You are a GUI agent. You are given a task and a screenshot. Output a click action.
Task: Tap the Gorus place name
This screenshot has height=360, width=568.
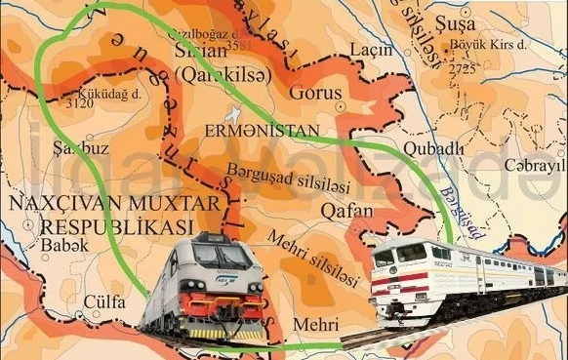click(x=315, y=93)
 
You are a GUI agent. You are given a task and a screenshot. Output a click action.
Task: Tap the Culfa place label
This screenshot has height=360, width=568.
click(x=104, y=301)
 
